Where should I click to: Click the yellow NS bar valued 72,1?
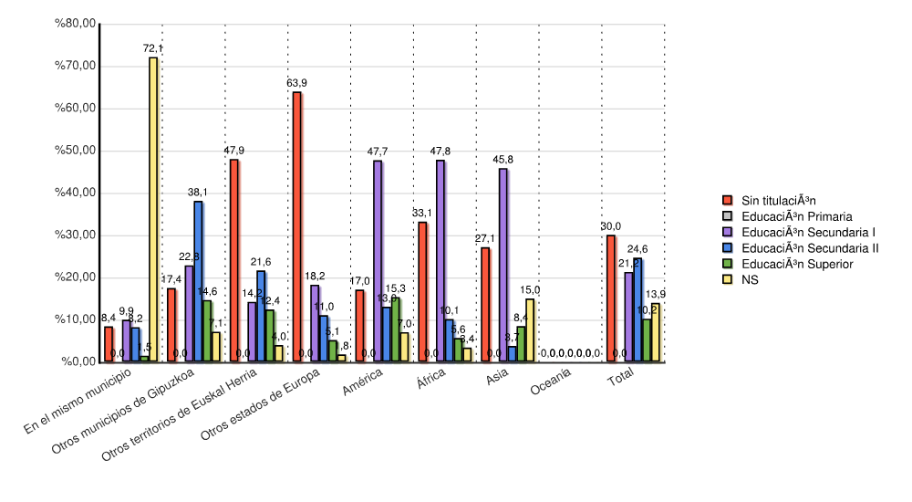153,210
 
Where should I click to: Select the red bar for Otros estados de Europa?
296,227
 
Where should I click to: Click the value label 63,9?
296,83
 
